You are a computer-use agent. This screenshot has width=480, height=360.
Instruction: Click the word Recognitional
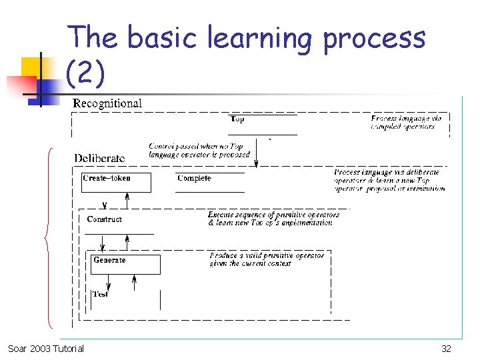[x=107, y=103]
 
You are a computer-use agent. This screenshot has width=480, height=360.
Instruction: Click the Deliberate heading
[x=99, y=158]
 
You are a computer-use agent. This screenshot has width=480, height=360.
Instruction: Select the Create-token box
[x=116, y=182]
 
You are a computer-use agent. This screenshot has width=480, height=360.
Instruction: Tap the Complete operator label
[x=194, y=178]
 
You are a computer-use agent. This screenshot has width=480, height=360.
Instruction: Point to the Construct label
[x=105, y=219]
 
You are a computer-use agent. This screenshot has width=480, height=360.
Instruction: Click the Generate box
[x=126, y=264]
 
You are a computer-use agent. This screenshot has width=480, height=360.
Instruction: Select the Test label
[x=101, y=294]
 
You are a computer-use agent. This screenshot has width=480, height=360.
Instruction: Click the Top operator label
[x=237, y=119]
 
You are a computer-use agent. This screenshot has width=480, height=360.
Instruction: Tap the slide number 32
[x=446, y=349]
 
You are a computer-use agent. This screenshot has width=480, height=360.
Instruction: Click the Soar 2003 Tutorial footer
[x=46, y=349]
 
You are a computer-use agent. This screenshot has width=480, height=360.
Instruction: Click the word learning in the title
[x=260, y=38]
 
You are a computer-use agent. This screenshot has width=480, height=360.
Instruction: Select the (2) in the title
[x=85, y=73]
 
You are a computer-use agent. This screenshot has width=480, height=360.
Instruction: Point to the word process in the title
[x=374, y=38]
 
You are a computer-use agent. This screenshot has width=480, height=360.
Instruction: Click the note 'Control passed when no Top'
[x=195, y=146]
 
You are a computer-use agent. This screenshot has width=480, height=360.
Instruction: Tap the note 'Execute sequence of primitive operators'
[x=273, y=215]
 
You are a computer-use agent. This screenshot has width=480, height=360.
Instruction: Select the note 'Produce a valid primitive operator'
[x=267, y=255]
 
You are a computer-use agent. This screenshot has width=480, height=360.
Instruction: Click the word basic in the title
[x=162, y=38]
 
